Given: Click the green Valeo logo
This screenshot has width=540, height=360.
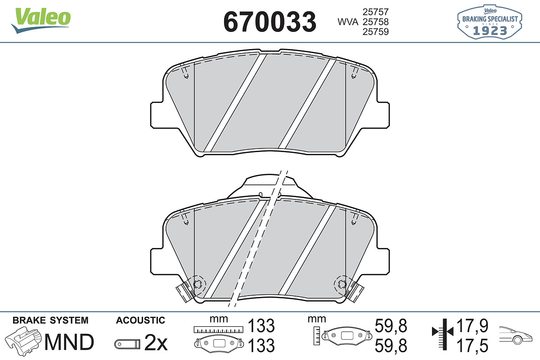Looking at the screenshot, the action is pyautogui.click(x=41, y=20).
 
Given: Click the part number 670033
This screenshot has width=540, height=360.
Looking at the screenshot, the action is pyautogui.click(x=270, y=22).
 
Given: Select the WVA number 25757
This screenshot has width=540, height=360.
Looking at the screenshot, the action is pyautogui.click(x=376, y=12).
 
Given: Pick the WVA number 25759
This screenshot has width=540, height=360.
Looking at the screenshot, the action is pyautogui.click(x=376, y=31).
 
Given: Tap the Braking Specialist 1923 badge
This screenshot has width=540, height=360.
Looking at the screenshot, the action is pyautogui.click(x=490, y=22).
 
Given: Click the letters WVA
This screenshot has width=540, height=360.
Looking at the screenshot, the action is pyautogui.click(x=348, y=22).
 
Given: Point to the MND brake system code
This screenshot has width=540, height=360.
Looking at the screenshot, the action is pyautogui.click(x=69, y=342).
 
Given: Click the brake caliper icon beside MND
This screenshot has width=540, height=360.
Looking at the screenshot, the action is pyautogui.click(x=23, y=340).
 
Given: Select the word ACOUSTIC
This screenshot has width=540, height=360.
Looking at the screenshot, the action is pyautogui.click(x=140, y=320).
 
